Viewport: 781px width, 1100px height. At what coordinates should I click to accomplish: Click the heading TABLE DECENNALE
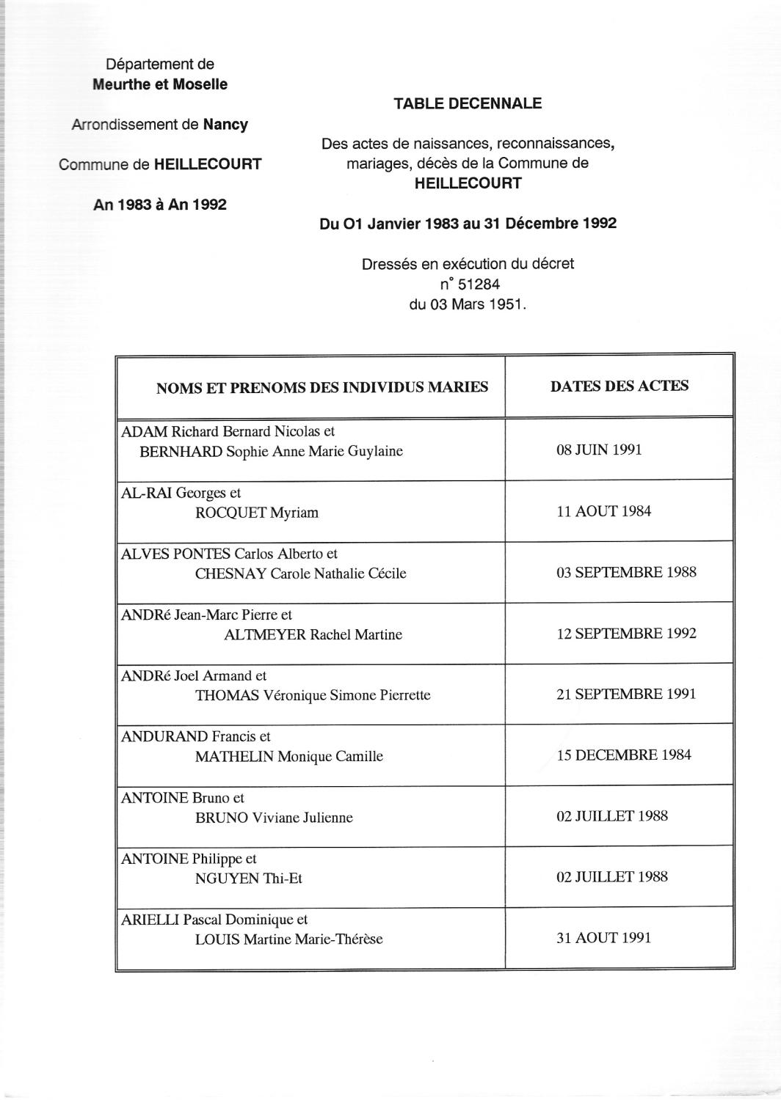pos(468,103)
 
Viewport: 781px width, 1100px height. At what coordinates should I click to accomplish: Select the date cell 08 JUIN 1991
pos(599,450)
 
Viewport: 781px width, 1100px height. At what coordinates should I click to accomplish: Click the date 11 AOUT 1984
pos(603,511)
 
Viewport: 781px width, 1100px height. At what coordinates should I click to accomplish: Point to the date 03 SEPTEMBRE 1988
pos(626,572)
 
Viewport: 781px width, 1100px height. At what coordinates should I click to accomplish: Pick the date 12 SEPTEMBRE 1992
pos(626,634)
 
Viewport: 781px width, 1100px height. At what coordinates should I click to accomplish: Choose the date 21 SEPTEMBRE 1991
pos(626,694)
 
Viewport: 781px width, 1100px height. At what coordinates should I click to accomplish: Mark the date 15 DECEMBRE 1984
pos(624,755)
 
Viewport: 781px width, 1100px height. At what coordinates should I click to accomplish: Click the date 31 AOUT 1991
pos(603,937)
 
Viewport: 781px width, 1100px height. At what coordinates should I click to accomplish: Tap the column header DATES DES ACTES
pos(620,386)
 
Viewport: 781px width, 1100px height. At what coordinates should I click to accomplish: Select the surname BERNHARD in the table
pos(181,452)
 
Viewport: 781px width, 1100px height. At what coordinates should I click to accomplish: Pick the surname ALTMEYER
pos(264,635)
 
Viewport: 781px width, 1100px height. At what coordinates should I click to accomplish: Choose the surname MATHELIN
pos(234,757)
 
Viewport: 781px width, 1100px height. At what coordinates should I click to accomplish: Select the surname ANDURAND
pos(164,737)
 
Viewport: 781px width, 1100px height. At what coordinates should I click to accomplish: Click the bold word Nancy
pos(225,125)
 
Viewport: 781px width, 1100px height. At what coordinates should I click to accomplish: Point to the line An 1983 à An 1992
pos(160,205)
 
